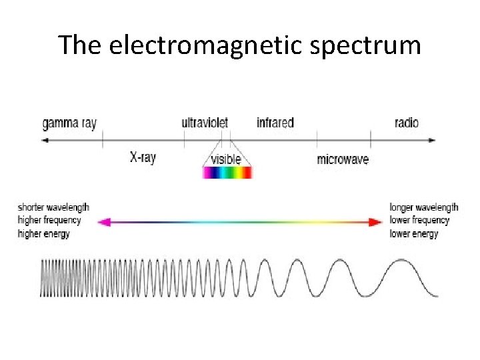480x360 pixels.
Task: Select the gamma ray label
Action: pos(69,123)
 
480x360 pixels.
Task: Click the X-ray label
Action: pos(143,158)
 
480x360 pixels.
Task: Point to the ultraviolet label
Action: pos(205,123)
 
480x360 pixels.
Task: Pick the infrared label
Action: pos(275,123)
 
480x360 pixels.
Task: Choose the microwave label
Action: pos(343,159)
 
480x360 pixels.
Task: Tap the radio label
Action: pos(407,123)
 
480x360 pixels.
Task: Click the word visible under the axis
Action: pos(226,159)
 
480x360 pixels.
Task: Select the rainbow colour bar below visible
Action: pos(227,173)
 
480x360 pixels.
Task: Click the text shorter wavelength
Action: pos(53,207)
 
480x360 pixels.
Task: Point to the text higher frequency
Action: pos(49,220)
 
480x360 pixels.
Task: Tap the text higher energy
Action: pos(44,233)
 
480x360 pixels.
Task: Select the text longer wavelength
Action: pos(424,207)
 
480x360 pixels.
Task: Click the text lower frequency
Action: pos(419,220)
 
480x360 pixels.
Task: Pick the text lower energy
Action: pos(414,233)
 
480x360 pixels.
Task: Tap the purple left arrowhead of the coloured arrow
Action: pos(101,222)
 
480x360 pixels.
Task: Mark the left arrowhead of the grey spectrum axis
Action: pos(45,140)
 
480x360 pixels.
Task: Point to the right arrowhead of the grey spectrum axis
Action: pos(432,140)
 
